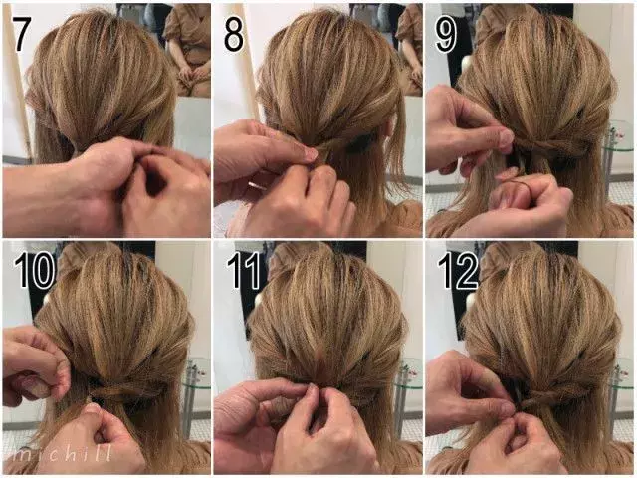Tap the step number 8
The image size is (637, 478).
[x=234, y=34]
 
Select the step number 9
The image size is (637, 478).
[x=445, y=34]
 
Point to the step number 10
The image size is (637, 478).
[x=34, y=270]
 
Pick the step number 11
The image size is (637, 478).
[x=243, y=270]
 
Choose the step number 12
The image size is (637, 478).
[x=458, y=270]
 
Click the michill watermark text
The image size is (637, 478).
[x=62, y=453]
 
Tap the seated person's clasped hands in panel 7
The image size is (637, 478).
[x=191, y=72]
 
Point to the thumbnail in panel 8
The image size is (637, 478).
[x=311, y=153]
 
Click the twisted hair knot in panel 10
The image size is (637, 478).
[x=120, y=392]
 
